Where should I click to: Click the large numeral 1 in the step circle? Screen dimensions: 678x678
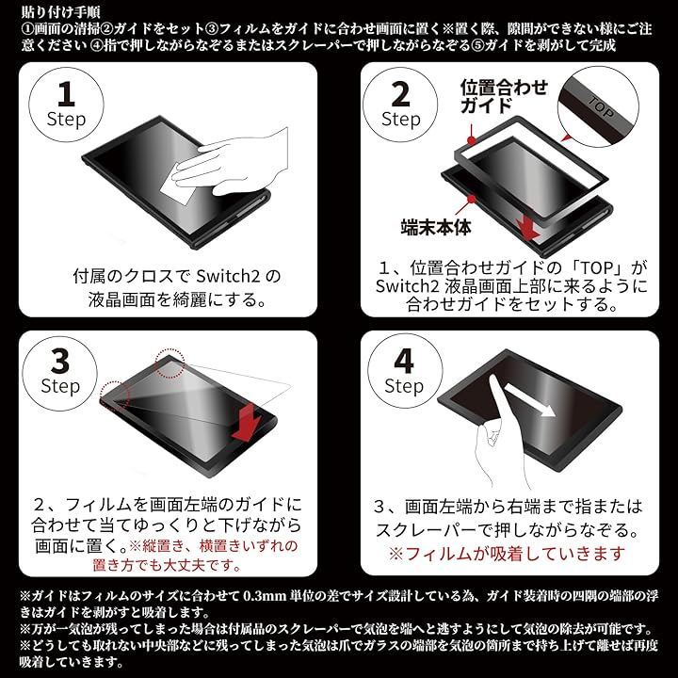(66, 94)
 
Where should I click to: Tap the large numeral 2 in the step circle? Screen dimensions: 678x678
(400, 94)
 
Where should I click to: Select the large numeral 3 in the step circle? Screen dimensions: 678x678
(60, 362)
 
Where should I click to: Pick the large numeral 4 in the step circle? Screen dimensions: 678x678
(404, 362)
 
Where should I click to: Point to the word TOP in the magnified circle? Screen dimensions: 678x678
(601, 106)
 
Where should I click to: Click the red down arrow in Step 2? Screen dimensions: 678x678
(528, 228)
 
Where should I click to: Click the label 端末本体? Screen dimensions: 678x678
(435, 227)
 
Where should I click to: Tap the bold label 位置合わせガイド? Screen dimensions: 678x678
(504, 96)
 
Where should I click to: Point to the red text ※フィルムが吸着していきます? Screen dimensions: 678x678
(507, 553)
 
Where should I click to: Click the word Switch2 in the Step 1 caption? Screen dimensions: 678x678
(228, 276)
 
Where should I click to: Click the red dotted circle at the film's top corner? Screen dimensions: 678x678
(169, 363)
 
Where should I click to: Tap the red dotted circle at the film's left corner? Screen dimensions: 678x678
(116, 395)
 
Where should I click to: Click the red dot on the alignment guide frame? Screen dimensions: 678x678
(471, 140)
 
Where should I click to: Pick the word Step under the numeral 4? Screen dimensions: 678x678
(404, 386)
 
